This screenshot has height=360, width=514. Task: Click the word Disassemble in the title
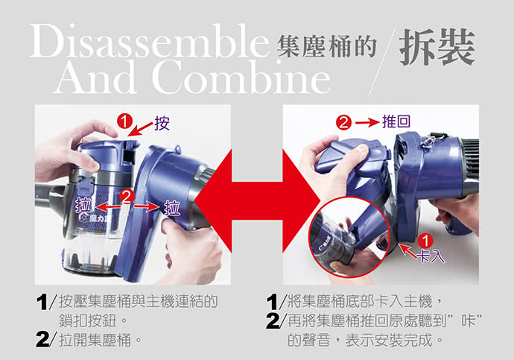(x=149, y=42)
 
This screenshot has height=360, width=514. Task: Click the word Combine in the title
(x=241, y=78)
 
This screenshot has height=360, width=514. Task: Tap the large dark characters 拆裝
(x=437, y=47)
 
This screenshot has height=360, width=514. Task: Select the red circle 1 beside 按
(x=124, y=121)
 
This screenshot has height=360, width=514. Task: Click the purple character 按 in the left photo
(x=162, y=123)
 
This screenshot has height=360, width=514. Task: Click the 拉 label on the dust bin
(x=83, y=206)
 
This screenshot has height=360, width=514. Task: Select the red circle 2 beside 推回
(x=343, y=123)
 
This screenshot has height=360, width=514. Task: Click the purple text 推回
(x=396, y=121)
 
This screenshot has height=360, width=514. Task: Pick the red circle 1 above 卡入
(x=425, y=241)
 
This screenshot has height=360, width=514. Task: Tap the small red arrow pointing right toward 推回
(x=367, y=123)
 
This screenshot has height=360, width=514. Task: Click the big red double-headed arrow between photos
(x=257, y=200)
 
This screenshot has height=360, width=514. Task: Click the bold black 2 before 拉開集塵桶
(x=43, y=339)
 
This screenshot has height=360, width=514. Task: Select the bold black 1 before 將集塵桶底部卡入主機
(x=272, y=302)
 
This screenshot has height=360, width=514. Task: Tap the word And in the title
(x=96, y=78)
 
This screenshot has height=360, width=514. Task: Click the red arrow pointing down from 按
(x=140, y=129)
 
